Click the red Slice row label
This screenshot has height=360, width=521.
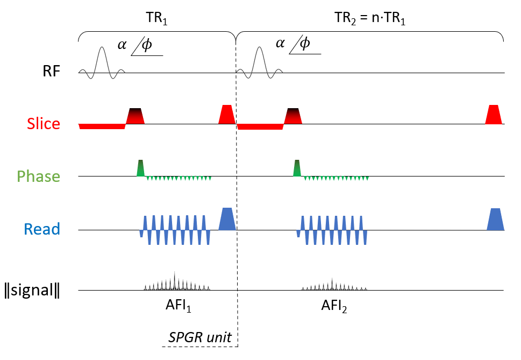[x=44, y=124]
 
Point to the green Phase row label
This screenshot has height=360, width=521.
[x=38, y=176]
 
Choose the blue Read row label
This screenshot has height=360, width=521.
[x=42, y=229]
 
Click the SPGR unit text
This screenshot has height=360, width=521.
[x=200, y=337]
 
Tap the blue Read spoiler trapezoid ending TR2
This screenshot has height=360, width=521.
[x=495, y=220]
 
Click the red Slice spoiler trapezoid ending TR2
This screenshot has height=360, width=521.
[x=493, y=115]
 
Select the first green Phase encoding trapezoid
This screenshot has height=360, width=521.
[x=141, y=168]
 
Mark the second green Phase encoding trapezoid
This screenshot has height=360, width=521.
[x=297, y=168]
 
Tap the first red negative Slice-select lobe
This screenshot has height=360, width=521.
[x=102, y=126]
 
